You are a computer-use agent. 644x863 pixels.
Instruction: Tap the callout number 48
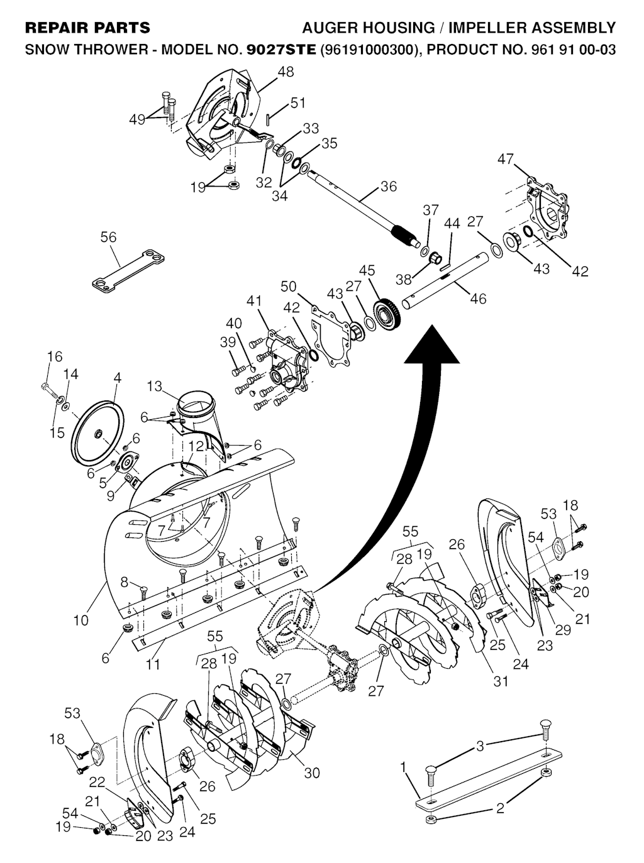pos(286,72)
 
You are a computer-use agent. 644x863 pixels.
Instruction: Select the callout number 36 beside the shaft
pos(388,186)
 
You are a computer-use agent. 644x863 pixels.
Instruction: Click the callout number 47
pos(505,159)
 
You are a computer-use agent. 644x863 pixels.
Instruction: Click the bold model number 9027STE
pos(281,50)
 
